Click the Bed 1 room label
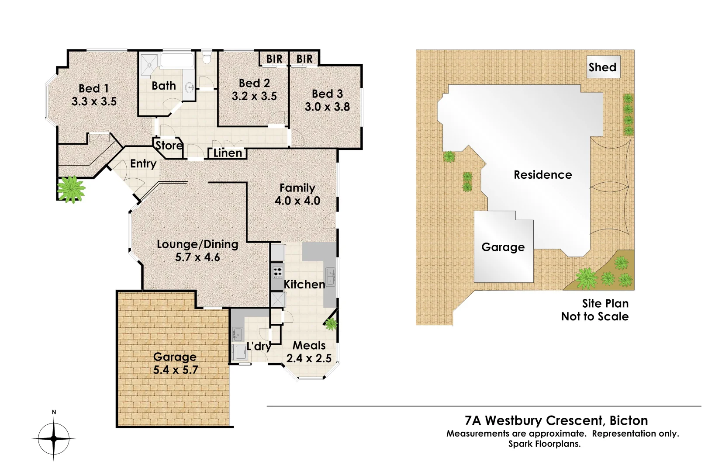click(93, 89)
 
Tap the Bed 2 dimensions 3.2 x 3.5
click(254, 97)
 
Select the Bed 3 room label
click(327, 94)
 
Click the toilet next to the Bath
click(207, 57)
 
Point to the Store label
click(169, 146)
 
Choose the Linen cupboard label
click(228, 153)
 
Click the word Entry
click(143, 164)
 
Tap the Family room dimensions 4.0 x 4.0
click(297, 201)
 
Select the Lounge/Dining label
click(197, 244)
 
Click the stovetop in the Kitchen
click(277, 272)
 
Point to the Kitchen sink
click(330, 276)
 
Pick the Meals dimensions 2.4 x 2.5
click(309, 359)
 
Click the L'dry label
click(259, 347)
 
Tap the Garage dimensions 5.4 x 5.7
click(176, 370)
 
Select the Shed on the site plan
click(602, 67)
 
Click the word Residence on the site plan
click(542, 175)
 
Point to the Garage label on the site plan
click(503, 247)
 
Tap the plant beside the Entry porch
click(71, 189)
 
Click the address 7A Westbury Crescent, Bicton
click(556, 420)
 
